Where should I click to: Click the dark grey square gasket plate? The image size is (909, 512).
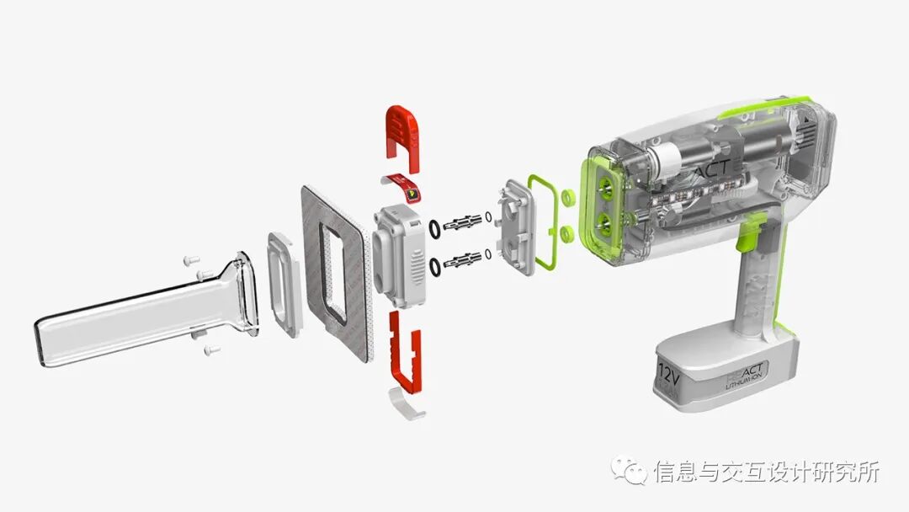336,269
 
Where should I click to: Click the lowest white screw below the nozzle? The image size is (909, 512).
211,348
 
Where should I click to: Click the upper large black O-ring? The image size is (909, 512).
433,227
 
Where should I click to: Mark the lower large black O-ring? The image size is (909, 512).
436,268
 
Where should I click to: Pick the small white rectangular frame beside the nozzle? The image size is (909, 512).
284,285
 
